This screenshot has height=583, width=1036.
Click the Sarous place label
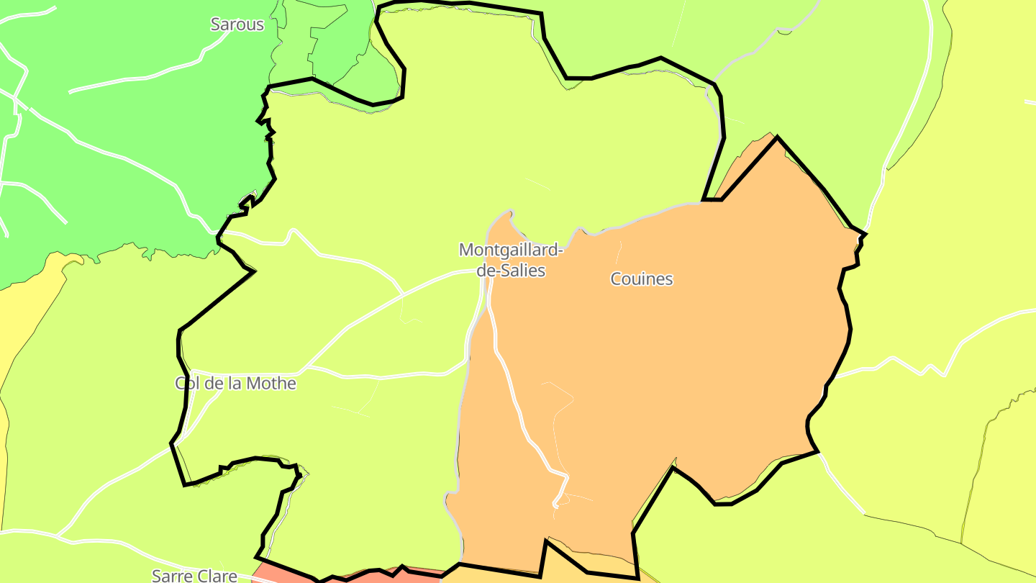click(237, 24)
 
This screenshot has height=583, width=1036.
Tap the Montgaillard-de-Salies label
click(512, 260)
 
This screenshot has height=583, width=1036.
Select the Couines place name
click(641, 279)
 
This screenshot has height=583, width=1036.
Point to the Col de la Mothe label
click(236, 383)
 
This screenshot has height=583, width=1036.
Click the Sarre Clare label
click(194, 576)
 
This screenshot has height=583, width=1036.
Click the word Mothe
click(271, 383)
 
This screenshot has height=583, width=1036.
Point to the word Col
click(186, 383)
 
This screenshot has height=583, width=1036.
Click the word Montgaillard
click(508, 250)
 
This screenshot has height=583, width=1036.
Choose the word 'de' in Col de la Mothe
click(214, 383)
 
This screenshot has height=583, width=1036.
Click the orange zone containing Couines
click(683, 345)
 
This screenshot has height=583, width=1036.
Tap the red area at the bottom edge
click(288, 574)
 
